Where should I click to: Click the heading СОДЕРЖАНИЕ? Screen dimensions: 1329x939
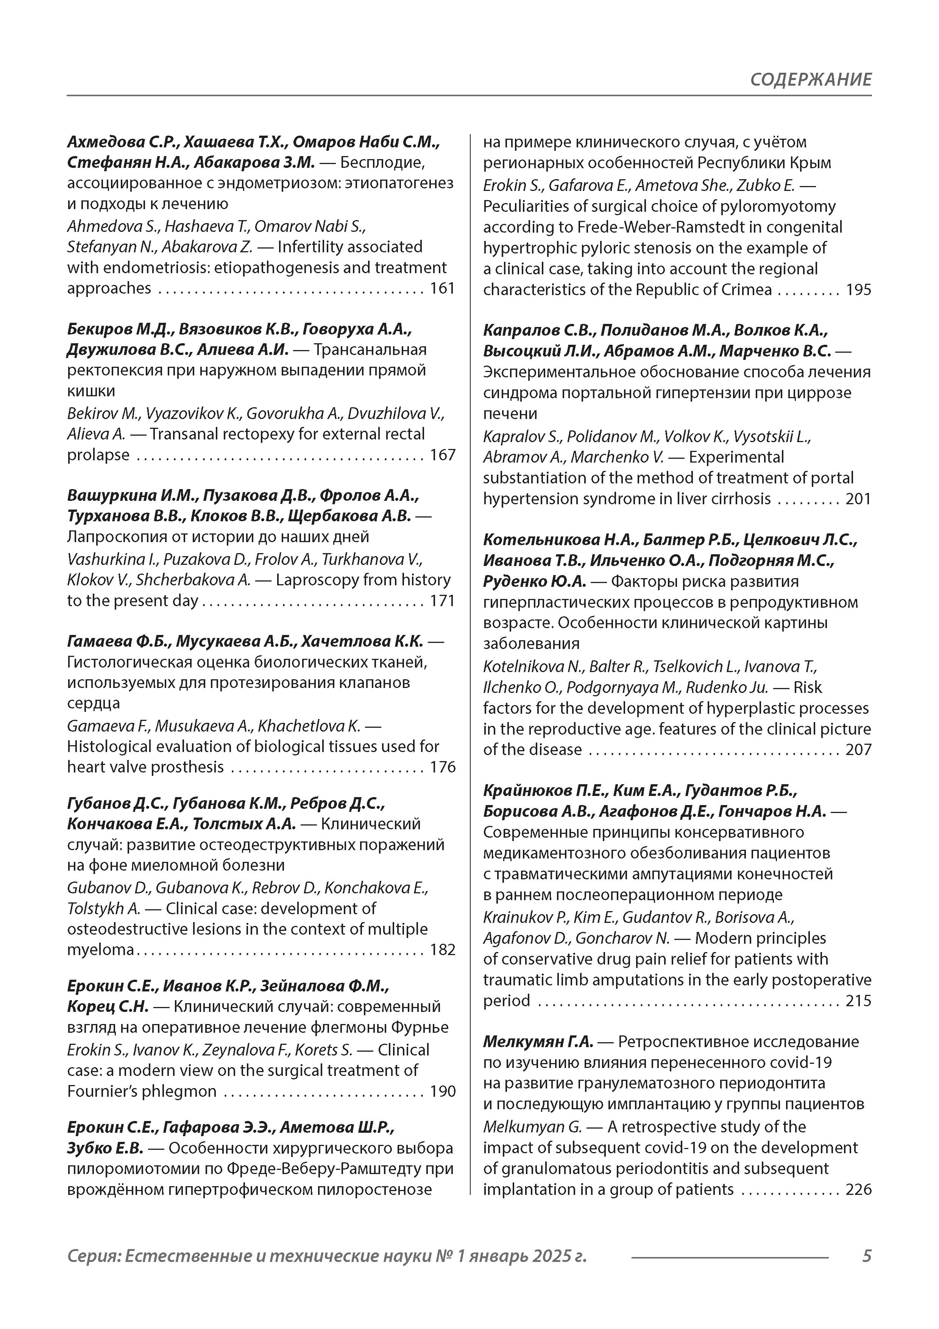tap(811, 79)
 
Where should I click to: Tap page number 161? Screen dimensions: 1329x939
tap(443, 288)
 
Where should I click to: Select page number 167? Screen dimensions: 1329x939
tap(443, 455)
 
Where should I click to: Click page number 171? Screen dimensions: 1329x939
tap(443, 601)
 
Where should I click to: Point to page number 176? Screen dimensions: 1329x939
tap(443, 768)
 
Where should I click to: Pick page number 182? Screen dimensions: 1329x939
tap(443, 950)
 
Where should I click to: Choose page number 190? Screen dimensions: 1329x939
tap(443, 1092)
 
